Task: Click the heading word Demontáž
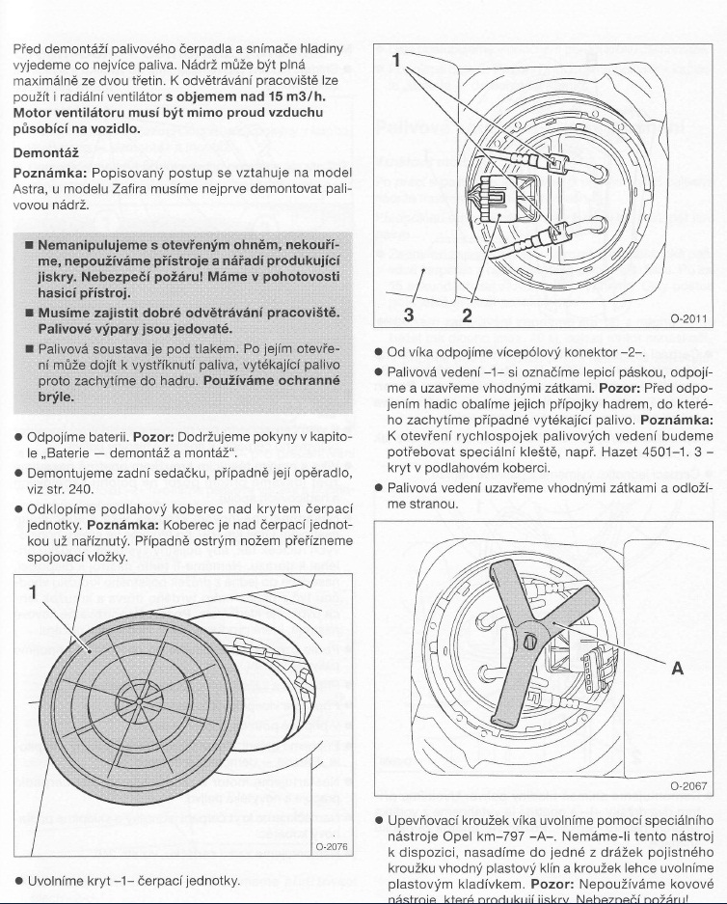45,152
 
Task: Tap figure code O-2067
687,785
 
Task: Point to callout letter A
677,667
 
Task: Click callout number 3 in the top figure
408,315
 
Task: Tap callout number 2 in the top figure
468,315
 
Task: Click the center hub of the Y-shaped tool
531,642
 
